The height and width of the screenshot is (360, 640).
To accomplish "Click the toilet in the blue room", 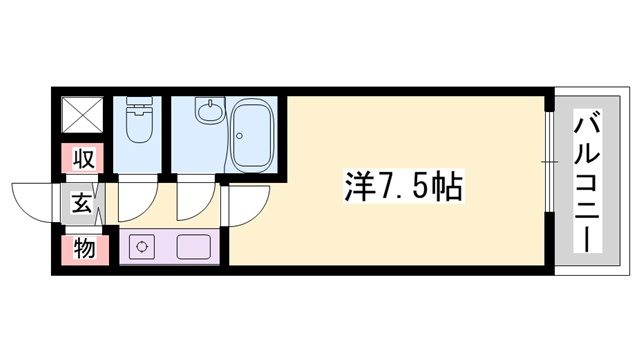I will tap(138, 128).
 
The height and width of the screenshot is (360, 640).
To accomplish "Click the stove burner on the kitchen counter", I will tap(141, 246).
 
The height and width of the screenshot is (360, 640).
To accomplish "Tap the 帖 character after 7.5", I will tap(449, 185).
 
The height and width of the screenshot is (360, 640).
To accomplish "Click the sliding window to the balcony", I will tap(549, 160).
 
